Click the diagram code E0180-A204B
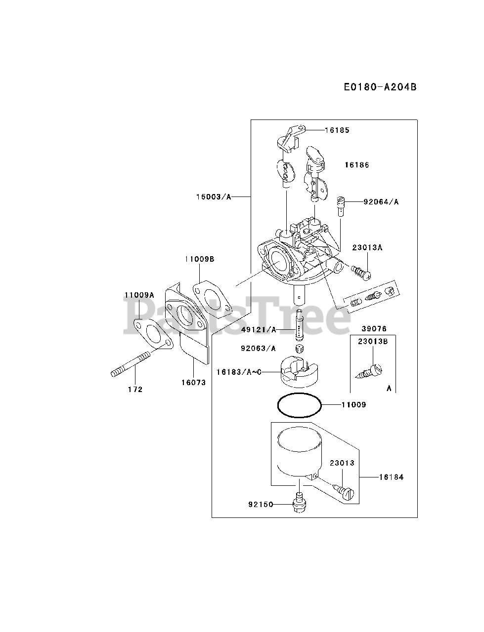click(x=380, y=87)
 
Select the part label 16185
click(x=337, y=130)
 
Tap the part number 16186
click(x=357, y=165)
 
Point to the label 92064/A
click(x=381, y=201)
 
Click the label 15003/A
click(x=213, y=197)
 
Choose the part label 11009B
click(x=200, y=259)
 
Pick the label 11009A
click(x=139, y=295)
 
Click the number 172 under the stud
click(x=135, y=389)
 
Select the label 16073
click(x=193, y=382)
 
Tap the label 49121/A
click(x=259, y=329)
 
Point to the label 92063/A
click(x=259, y=349)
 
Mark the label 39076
click(x=374, y=329)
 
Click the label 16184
click(x=391, y=477)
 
